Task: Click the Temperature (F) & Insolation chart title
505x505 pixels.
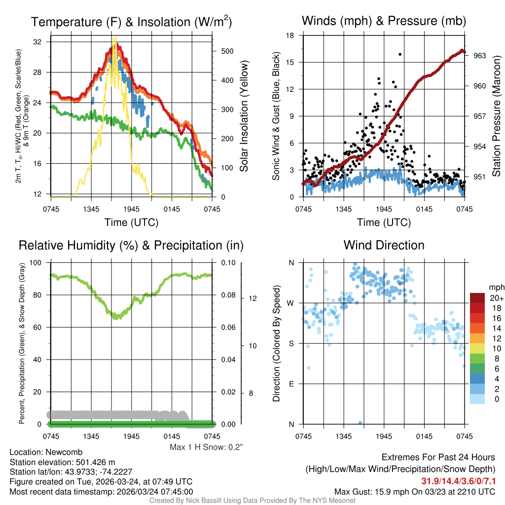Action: click(x=131, y=22)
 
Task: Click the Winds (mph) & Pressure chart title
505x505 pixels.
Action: click(x=384, y=21)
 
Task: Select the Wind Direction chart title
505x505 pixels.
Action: click(x=384, y=245)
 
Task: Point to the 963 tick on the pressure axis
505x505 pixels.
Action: click(x=480, y=55)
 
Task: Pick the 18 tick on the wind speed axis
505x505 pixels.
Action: click(x=290, y=36)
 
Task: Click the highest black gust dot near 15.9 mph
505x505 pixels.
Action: click(x=399, y=54)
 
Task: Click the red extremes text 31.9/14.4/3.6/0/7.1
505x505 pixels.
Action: click(x=458, y=481)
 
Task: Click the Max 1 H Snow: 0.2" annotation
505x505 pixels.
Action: click(x=206, y=447)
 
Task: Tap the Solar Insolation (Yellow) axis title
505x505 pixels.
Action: click(x=244, y=116)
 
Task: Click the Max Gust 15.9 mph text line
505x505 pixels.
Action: click(x=415, y=491)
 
